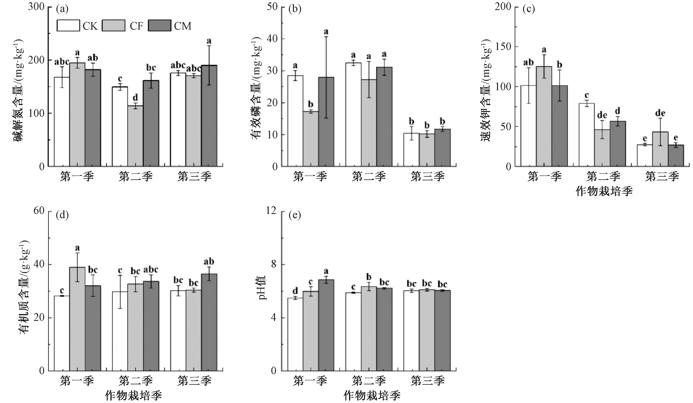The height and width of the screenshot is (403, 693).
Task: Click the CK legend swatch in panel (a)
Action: click(x=68, y=26)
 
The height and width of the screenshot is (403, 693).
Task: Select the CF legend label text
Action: click(x=136, y=26)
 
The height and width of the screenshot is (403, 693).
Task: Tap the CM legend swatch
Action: click(x=160, y=26)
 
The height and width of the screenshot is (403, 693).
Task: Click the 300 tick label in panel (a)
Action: click(x=36, y=7)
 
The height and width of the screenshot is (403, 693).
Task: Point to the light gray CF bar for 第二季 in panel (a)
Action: click(x=135, y=136)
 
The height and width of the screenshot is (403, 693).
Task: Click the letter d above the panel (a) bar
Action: click(x=135, y=98)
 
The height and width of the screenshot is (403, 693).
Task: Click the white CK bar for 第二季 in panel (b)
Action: click(x=353, y=114)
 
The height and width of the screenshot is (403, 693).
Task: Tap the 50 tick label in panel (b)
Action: click(x=272, y=7)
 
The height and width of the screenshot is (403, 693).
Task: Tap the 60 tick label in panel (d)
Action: click(x=39, y=211)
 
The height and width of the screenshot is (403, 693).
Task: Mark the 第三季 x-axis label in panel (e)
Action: click(x=427, y=381)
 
